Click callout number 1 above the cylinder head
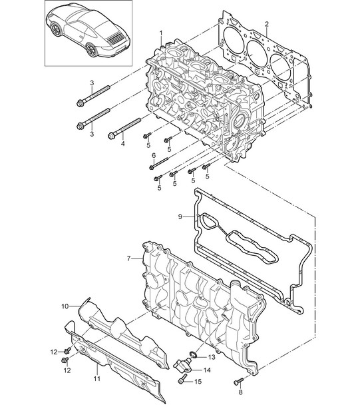[161, 33]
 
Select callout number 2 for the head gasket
[267, 24]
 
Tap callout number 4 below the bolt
[122, 144]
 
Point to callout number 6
[154, 155]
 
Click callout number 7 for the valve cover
[128, 258]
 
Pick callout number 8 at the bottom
[240, 392]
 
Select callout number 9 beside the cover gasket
[180, 217]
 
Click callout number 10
[65, 306]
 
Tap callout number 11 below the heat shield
[97, 379]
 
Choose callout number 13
[212, 357]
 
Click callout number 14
[207, 370]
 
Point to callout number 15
[198, 382]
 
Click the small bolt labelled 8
[239, 381]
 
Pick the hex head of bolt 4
[111, 136]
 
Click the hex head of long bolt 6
[152, 167]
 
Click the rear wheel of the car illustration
[92, 50]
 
